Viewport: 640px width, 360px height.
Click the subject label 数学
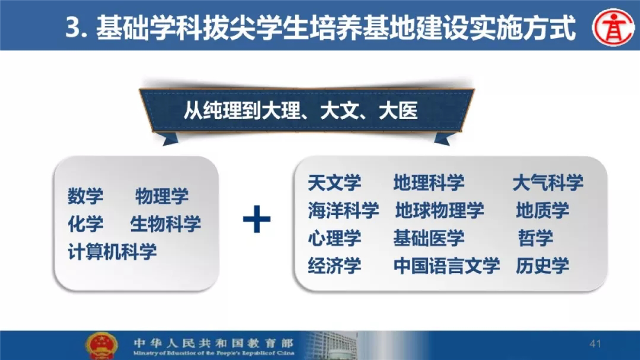pos(85,196)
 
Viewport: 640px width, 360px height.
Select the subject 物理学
pos(162,196)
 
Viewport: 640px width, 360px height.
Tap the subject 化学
pos(85,224)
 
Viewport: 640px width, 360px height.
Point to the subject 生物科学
pos(166,224)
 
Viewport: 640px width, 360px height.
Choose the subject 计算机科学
pos(112,252)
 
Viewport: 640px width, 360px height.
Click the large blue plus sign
pos(257,219)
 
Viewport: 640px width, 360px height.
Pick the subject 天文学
pos(334,182)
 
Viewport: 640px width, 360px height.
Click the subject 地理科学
pos(429,182)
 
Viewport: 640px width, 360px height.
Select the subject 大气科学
pos(548,182)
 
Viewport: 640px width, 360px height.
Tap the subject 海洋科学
pos(343,210)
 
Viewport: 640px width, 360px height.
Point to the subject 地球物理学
pos(440,210)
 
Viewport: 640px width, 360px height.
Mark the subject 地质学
pos(543,210)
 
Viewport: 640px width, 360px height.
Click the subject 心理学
pos(334,238)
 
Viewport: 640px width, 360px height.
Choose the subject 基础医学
pos(429,238)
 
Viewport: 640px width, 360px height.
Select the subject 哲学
pos(536,238)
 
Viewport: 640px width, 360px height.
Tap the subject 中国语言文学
pos(447,265)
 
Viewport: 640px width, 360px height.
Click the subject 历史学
pos(543,265)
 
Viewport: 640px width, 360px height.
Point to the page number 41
pos(595,344)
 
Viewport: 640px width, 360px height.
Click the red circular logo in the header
pos(613,27)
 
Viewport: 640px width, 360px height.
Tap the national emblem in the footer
pos(101,345)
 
